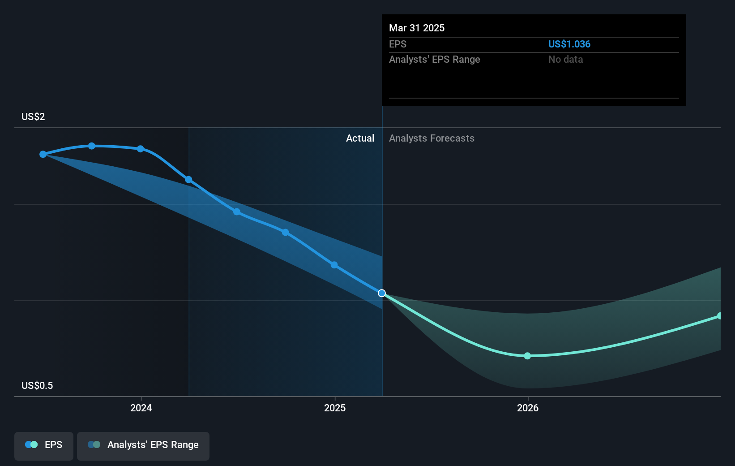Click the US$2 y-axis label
pos(33,116)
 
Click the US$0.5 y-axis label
pos(37,385)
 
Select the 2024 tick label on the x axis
pos(141,408)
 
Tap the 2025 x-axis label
pos(335,408)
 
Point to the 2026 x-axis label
pos(528,408)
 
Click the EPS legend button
pos(43,446)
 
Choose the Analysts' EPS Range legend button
pos(143,446)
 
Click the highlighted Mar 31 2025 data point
pos(382,293)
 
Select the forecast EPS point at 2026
pos(527,356)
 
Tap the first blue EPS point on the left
pos(43,154)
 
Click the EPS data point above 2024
pos(141,149)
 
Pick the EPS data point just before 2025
pos(334,265)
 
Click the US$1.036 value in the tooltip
pos(569,44)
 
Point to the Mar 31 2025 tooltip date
pos(417,28)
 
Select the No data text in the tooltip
pos(566,60)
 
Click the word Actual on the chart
pos(360,138)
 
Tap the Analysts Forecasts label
pos(432,138)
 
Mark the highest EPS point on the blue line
pos(92,146)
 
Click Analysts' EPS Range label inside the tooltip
pos(435,60)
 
